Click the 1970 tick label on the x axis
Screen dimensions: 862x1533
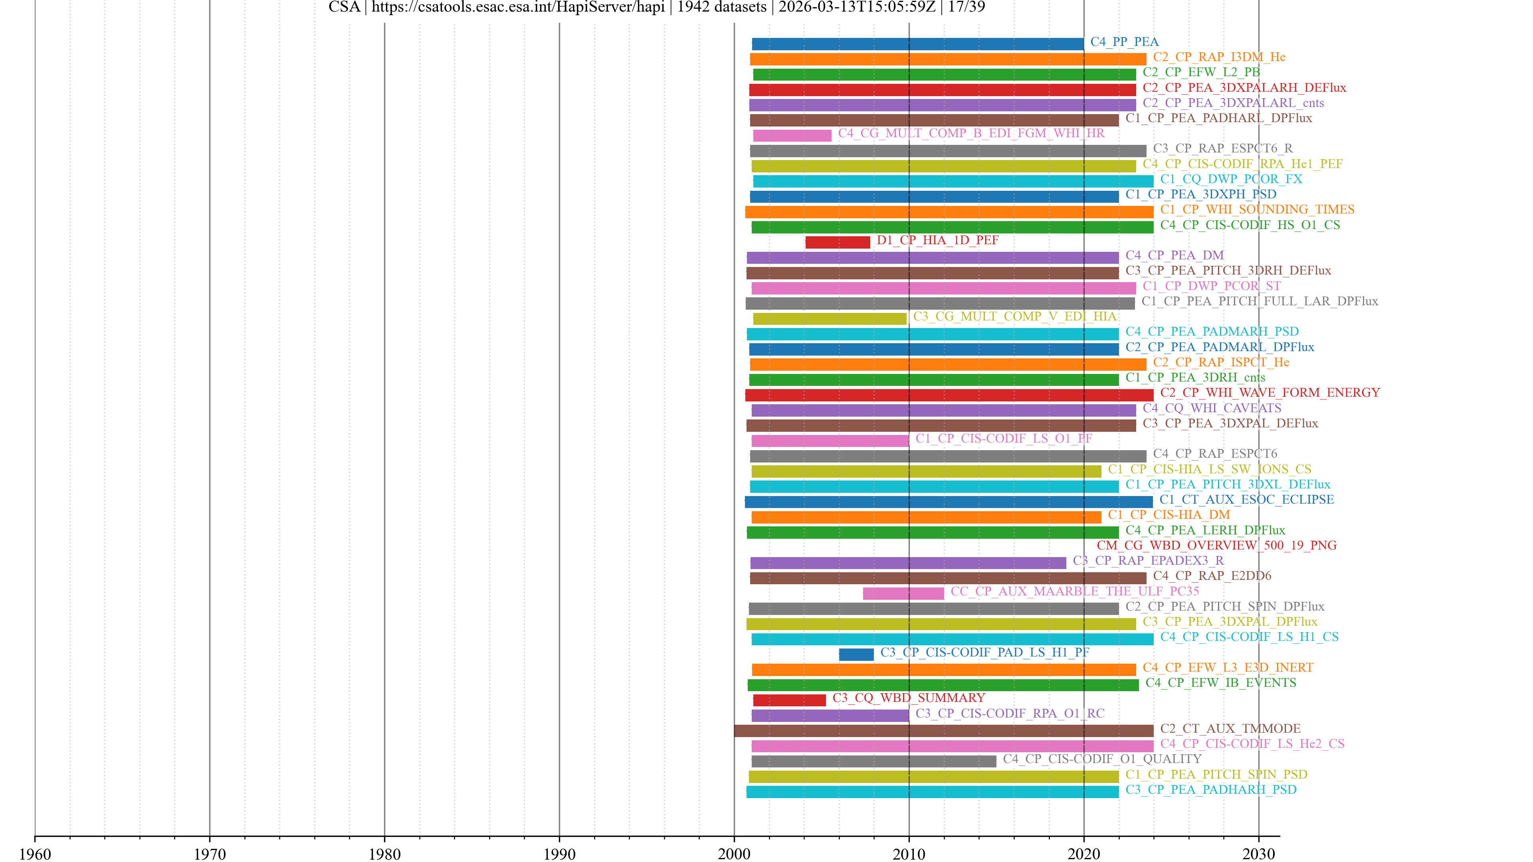point(210,854)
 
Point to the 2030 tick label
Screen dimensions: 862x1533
point(1258,854)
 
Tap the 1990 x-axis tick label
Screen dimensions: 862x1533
point(559,854)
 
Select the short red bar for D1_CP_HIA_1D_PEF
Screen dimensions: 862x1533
point(837,242)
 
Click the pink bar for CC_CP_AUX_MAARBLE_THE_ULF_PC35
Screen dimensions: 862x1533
point(903,593)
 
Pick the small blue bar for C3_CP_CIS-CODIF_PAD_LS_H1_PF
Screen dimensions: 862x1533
point(856,654)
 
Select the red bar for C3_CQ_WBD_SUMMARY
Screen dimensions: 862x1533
point(789,700)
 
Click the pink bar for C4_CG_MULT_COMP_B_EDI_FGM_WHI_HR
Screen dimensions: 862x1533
point(792,136)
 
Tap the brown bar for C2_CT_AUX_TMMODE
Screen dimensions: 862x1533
point(943,731)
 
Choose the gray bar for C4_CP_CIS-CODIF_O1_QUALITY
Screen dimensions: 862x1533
point(873,761)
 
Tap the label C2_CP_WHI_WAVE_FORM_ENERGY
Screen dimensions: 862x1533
point(1270,393)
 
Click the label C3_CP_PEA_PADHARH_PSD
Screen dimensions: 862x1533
point(1210,789)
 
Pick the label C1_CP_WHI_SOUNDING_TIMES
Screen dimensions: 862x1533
point(1257,210)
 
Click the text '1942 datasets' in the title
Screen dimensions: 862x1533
point(721,7)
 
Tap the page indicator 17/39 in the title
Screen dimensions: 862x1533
point(967,7)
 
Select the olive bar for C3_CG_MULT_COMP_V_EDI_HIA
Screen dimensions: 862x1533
point(829,319)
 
